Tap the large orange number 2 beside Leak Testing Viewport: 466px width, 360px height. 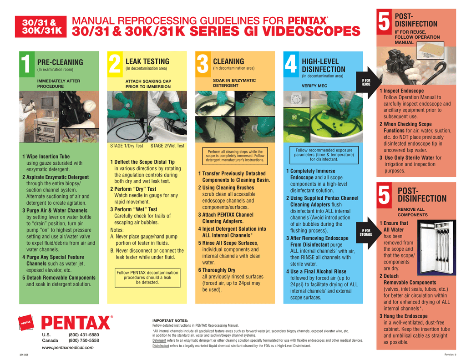click(x=115, y=64)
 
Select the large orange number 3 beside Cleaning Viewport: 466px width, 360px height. click(x=203, y=64)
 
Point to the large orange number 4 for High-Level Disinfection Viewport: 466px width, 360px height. click(x=291, y=64)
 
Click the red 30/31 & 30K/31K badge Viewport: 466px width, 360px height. click(x=41, y=27)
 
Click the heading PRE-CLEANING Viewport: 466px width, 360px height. click(x=60, y=62)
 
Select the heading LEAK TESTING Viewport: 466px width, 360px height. click(x=147, y=61)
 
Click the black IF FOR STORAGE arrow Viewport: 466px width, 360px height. click(x=366, y=233)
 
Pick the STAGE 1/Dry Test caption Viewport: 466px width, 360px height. click(x=127, y=146)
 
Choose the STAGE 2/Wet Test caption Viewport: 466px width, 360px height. click(x=167, y=146)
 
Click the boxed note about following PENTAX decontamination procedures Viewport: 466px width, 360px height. click(x=147, y=277)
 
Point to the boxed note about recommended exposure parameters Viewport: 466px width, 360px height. click(x=324, y=155)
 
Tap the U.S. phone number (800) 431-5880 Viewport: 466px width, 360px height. click(x=84, y=335)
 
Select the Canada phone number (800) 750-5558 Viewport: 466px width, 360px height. click(x=84, y=340)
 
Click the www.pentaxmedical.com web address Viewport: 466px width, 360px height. click(x=67, y=347)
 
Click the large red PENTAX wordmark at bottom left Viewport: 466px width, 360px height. click(x=76, y=323)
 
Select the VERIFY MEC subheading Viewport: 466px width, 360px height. click(x=314, y=86)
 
